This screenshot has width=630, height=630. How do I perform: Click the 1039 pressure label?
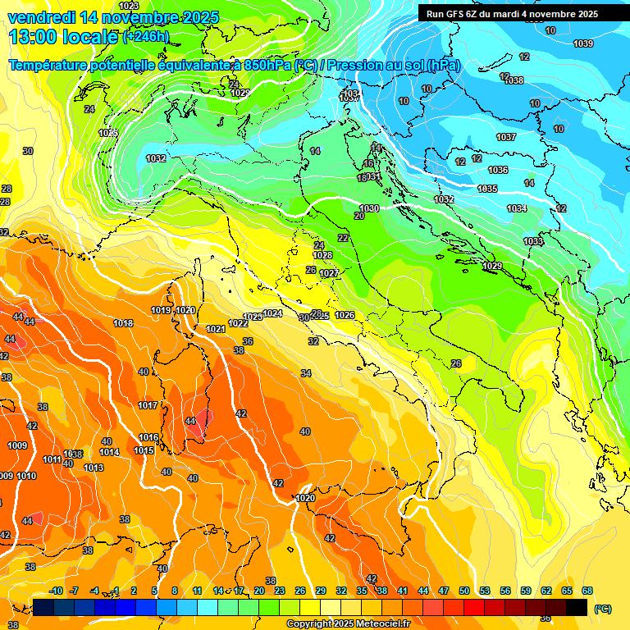583,43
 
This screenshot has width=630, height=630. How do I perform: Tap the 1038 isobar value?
514,80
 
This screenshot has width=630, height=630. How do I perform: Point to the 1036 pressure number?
498,170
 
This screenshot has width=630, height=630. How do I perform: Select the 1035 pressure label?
487,189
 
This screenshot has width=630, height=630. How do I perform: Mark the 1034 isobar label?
517,208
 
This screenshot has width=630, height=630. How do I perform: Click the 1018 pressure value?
123,323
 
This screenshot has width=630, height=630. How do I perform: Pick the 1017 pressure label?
148,405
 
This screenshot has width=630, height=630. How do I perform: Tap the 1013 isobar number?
94,468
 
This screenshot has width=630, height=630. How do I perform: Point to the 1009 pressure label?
17,445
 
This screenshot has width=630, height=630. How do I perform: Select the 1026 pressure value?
345,315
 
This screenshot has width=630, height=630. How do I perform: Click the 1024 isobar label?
273,313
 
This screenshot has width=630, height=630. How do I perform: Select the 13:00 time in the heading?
34,37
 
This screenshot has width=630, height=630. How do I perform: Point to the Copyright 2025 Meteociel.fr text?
348,623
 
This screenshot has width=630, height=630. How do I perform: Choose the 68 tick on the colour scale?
587,591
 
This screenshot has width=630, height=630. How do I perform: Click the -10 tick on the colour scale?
57,591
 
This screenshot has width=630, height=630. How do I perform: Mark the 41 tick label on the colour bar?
402,591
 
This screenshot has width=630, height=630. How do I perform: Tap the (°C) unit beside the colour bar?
603,608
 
